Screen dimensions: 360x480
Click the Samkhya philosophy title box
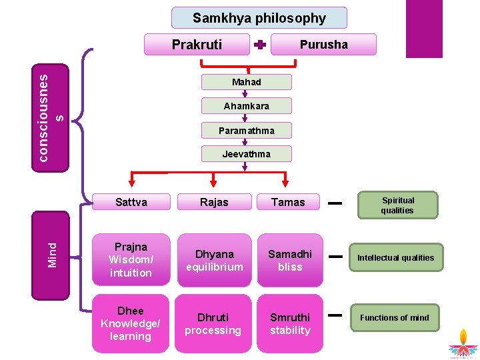coord(259,18)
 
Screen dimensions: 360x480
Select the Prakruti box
coord(197,45)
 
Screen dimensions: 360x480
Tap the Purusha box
coord(323,45)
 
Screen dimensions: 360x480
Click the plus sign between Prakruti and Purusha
coord(260,45)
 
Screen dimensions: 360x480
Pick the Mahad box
coord(247,82)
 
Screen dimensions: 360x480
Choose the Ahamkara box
coord(247,106)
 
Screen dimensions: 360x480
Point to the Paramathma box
coord(247,130)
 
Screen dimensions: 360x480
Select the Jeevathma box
coord(247,154)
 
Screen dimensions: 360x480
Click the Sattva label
coord(131,202)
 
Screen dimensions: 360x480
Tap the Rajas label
coord(214,202)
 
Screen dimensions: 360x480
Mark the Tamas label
coord(288,202)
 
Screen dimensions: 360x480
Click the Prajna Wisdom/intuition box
coord(131,260)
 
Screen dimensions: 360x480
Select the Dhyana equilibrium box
coord(214,260)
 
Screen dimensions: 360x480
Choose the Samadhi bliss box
coord(290,260)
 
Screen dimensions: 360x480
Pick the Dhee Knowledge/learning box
coord(131,323)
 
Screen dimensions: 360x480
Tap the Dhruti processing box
coord(213,323)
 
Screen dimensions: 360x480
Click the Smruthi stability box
coord(290,323)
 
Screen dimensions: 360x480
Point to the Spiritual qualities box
coord(398,205)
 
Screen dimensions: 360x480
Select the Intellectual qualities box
coord(395,258)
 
